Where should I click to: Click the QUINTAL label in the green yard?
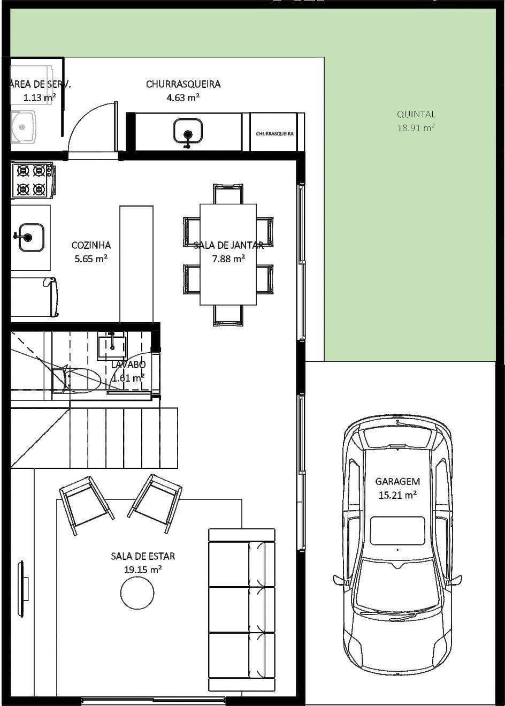pyautogui.click(x=416, y=114)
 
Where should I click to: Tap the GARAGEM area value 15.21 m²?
pyautogui.click(x=397, y=495)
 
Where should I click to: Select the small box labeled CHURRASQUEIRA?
pyautogui.click(x=274, y=133)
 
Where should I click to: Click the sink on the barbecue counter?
pyautogui.click(x=188, y=131)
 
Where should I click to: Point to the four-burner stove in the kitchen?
pyautogui.click(x=32, y=180)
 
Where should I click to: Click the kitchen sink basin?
pyautogui.click(x=31, y=237)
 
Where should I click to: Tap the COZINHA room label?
pyautogui.click(x=91, y=245)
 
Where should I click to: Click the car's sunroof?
pyautogui.click(x=397, y=530)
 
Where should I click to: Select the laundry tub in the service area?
pyautogui.click(x=23, y=127)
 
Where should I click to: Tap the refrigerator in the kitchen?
pyautogui.click(x=33, y=297)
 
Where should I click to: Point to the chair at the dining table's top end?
pyautogui.click(x=228, y=193)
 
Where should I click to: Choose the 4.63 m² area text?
pyautogui.click(x=183, y=97)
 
